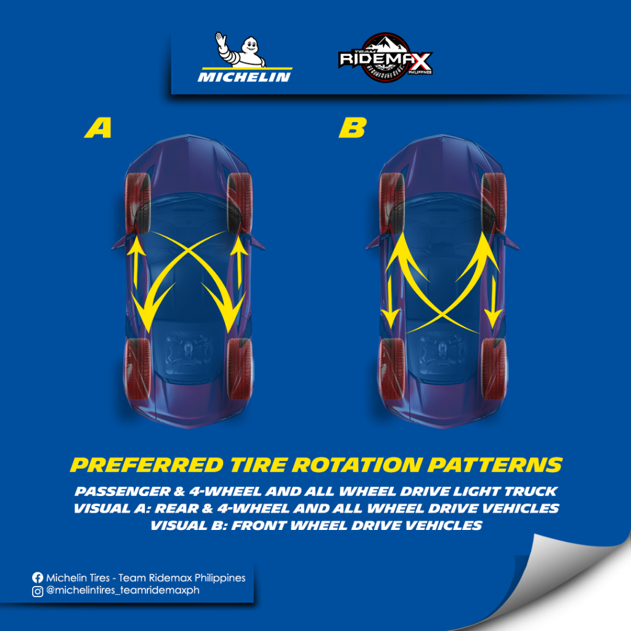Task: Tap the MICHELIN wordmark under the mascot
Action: (x=244, y=77)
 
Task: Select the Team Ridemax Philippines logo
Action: (x=386, y=60)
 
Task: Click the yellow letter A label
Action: (x=98, y=128)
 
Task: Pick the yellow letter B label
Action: (x=352, y=128)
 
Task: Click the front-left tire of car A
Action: (x=138, y=203)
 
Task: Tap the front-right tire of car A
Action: (x=240, y=203)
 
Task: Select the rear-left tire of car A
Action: (x=138, y=368)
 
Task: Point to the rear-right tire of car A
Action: (x=240, y=368)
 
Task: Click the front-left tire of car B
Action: (x=392, y=203)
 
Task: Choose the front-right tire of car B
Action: (x=494, y=203)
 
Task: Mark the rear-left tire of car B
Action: (x=392, y=368)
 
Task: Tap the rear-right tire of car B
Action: (x=494, y=368)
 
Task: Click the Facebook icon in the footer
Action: (x=38, y=578)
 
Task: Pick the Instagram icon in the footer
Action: (x=38, y=591)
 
